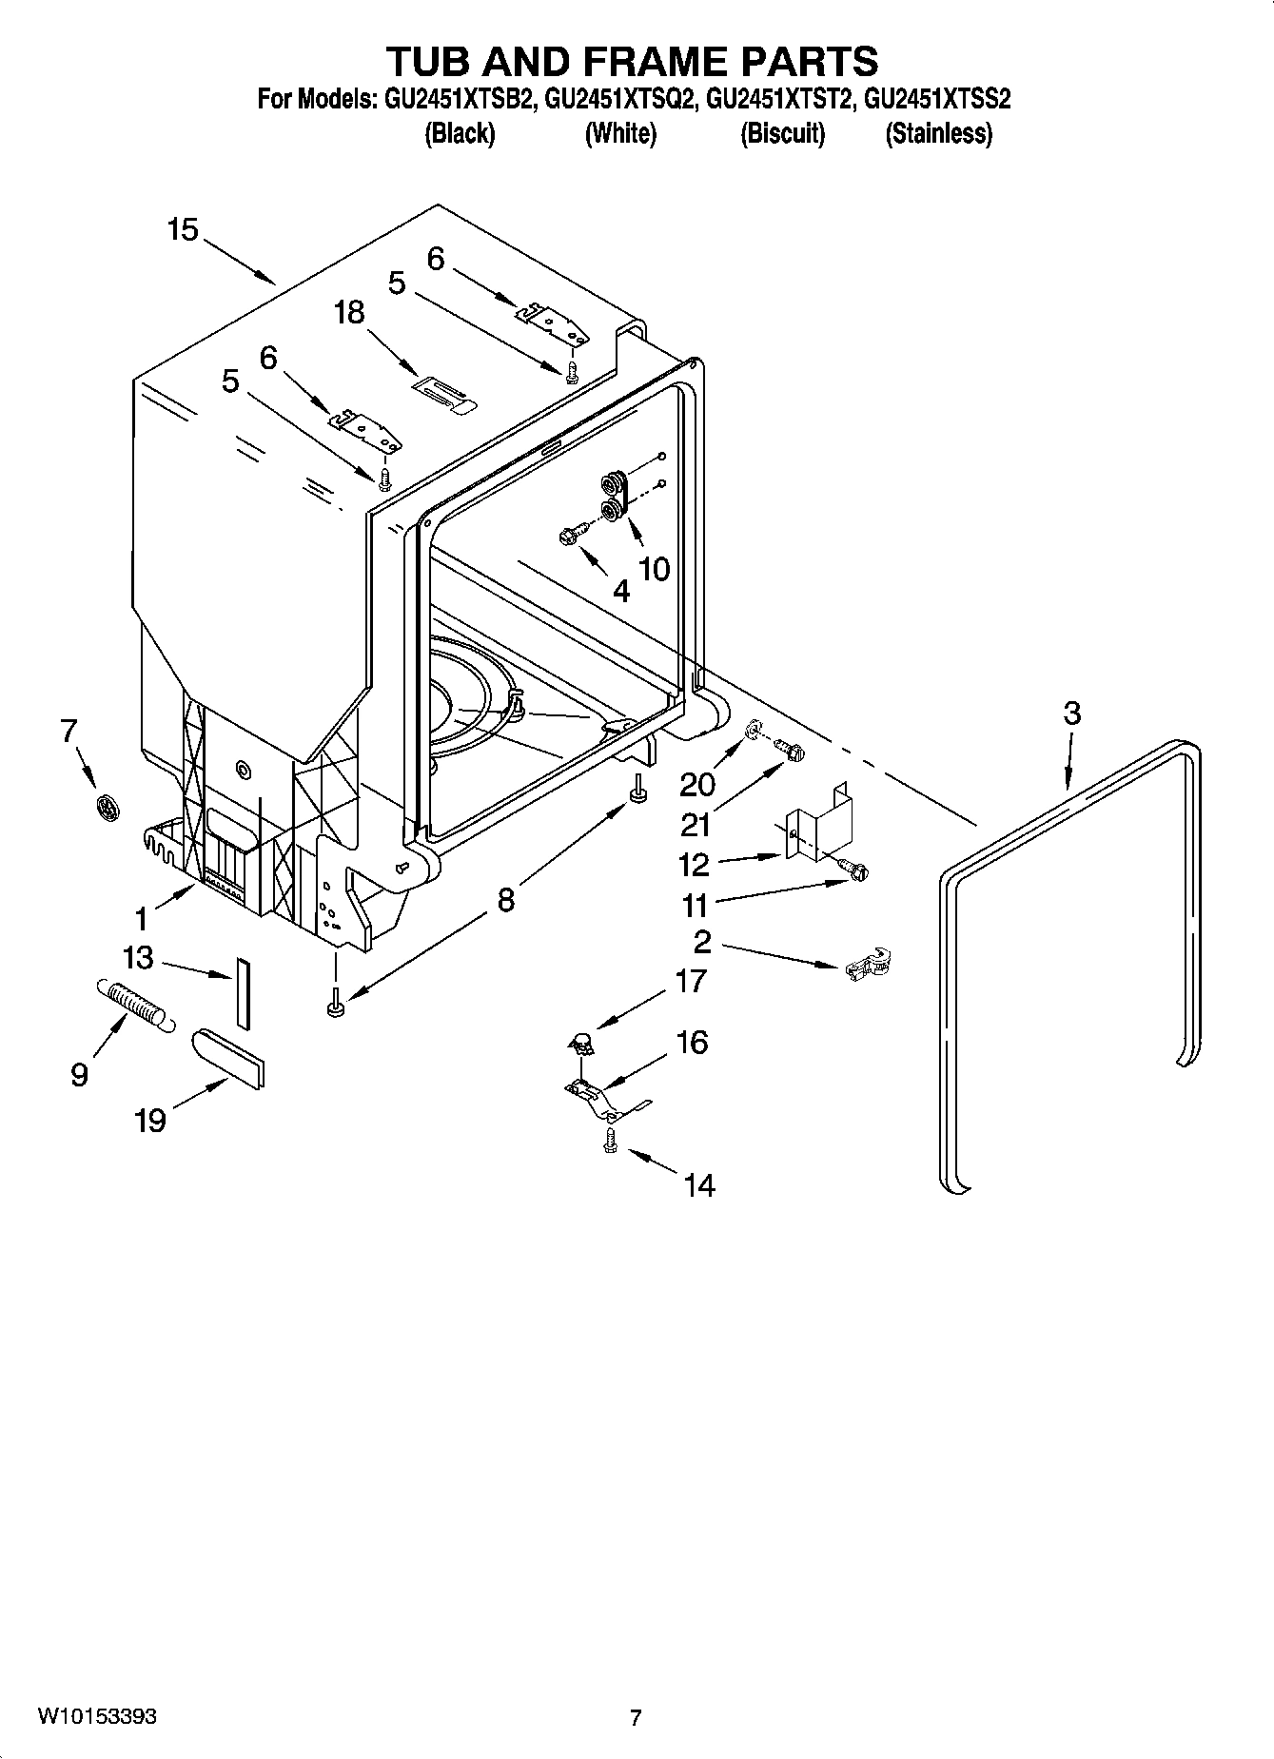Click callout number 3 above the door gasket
[1072, 713]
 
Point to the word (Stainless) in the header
[938, 134]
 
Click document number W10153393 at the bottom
[97, 1716]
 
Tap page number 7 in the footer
[636, 1717]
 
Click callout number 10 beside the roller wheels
[655, 569]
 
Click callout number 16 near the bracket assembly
[693, 1042]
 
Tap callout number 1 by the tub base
[142, 919]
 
